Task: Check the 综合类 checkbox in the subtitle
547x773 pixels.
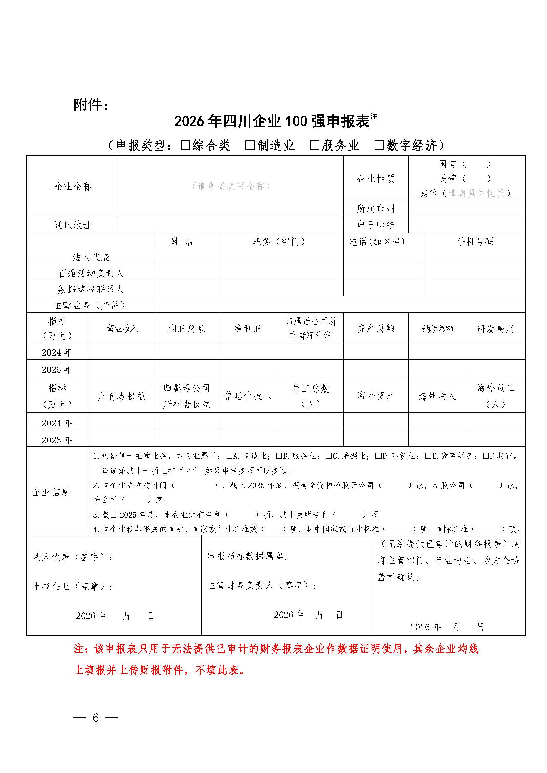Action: pyautogui.click(x=186, y=145)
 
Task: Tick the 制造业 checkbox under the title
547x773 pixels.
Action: pyautogui.click(x=250, y=145)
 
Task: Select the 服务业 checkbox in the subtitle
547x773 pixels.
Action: pyautogui.click(x=315, y=145)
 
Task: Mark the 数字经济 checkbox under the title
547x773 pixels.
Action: pyautogui.click(x=379, y=145)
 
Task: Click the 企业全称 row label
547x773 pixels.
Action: pyautogui.click(x=73, y=186)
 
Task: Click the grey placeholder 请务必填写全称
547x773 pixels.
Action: pyautogui.click(x=231, y=186)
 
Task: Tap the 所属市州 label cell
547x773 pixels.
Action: pyautogui.click(x=376, y=209)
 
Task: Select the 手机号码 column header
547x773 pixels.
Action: pyautogui.click(x=475, y=241)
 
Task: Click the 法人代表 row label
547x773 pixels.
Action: pyautogui.click(x=91, y=257)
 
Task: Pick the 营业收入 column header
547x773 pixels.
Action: pyautogui.click(x=122, y=328)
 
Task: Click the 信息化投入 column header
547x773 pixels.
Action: pyautogui.click(x=248, y=396)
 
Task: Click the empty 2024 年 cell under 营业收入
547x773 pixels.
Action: pyautogui.click(x=122, y=351)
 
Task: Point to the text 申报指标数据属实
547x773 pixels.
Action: pyautogui.click(x=248, y=557)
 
